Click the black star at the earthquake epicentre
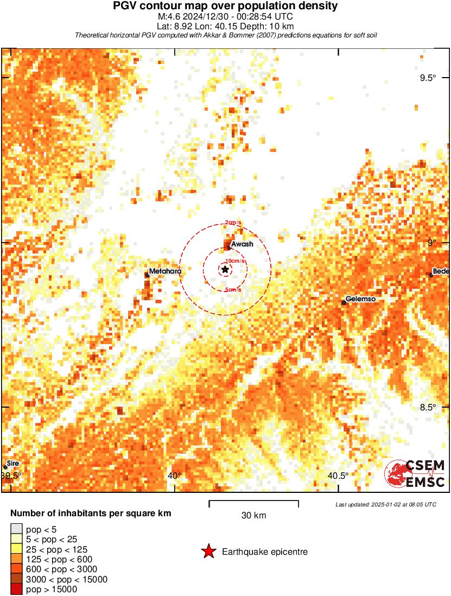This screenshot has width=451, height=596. tap(225, 269)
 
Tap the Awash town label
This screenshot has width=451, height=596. tap(242, 245)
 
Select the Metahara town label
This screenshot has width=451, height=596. tap(166, 271)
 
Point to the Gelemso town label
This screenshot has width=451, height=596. tap(361, 299)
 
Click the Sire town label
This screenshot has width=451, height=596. tap(13, 464)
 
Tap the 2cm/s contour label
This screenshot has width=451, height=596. tap(234, 223)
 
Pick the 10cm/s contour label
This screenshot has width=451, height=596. tap(237, 261)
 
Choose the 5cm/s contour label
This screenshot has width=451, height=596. tap(233, 290)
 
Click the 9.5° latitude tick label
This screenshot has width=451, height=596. tap(428, 78)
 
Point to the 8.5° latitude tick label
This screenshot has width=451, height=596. tap(428, 408)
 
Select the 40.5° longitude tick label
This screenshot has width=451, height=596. tap(339, 476)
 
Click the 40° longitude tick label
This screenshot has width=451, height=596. tap(175, 476)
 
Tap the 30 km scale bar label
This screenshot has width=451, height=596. tap(253, 516)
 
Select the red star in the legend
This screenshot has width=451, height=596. tap(208, 552)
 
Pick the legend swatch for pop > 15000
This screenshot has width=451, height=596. tap(16, 589)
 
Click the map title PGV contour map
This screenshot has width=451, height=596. tap(225, 6)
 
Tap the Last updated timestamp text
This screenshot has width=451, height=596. tap(386, 504)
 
